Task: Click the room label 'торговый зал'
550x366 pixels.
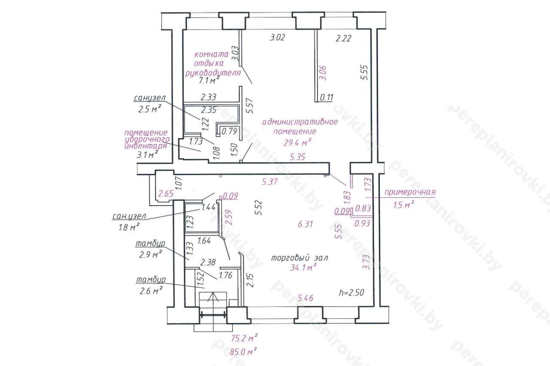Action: [299, 258]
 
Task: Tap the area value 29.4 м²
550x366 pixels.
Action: [297, 142]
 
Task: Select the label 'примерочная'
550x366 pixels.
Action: [410, 192]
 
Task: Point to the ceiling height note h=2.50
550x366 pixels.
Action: [351, 293]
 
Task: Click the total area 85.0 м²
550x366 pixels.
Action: [243, 352]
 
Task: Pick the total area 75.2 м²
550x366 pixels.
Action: [244, 338]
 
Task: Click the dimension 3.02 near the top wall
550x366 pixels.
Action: [278, 37]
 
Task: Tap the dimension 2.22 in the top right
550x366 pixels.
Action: [343, 39]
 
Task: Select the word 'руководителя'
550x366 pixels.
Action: [213, 73]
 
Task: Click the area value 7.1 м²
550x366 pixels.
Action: [209, 80]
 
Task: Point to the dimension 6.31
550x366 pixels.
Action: [305, 224]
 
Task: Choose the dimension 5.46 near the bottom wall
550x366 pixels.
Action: [306, 298]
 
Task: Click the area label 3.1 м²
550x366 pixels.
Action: [147, 154]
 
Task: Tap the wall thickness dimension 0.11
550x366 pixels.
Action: [326, 97]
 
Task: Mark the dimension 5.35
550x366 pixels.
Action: [297, 157]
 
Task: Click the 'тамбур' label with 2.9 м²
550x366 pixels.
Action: [150, 244]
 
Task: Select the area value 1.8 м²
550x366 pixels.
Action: [129, 227]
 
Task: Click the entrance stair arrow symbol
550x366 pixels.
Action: [213, 297]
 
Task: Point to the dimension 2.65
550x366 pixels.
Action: [166, 194]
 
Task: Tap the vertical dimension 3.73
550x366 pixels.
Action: [366, 262]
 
